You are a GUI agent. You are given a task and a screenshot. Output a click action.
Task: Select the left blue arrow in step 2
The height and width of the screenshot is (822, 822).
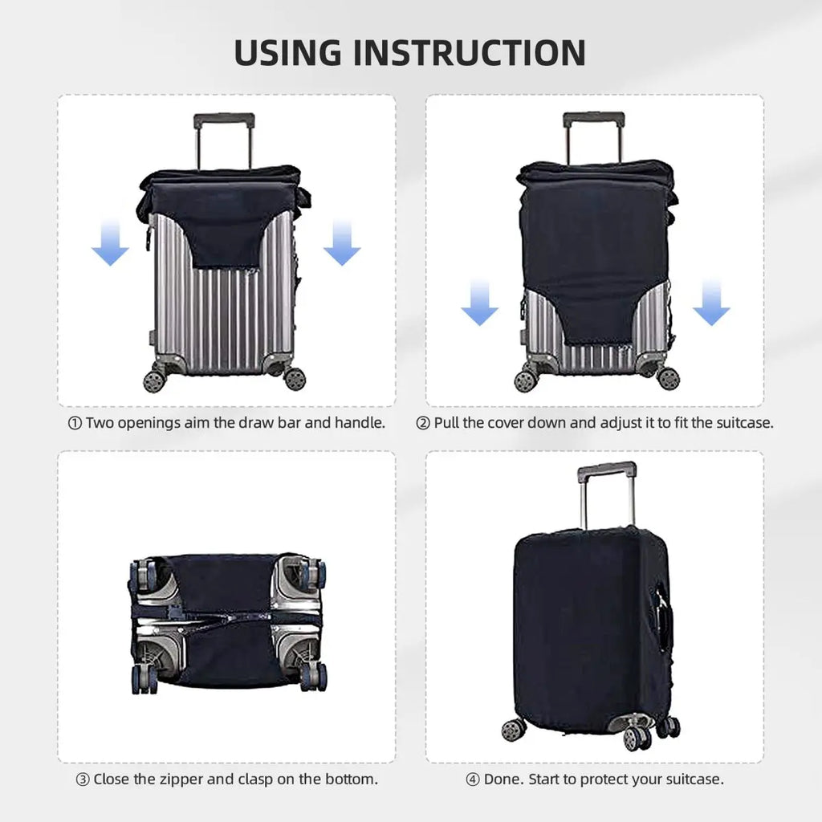479,303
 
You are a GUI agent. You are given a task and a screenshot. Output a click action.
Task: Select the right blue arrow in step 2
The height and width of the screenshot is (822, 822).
711,303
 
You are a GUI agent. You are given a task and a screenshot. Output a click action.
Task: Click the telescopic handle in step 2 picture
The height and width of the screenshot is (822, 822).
593,121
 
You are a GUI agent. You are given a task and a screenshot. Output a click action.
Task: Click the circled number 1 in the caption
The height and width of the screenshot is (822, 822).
75,422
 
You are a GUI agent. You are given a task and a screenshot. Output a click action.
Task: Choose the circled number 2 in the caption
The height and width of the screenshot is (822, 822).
423,422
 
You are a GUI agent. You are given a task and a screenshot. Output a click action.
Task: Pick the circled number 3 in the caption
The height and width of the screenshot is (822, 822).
83,779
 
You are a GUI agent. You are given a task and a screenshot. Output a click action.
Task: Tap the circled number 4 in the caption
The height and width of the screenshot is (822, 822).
473,779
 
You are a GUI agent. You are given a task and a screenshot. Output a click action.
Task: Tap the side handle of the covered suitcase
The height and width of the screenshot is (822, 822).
662,618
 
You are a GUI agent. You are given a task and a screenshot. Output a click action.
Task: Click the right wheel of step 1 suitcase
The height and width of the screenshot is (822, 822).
294,377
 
